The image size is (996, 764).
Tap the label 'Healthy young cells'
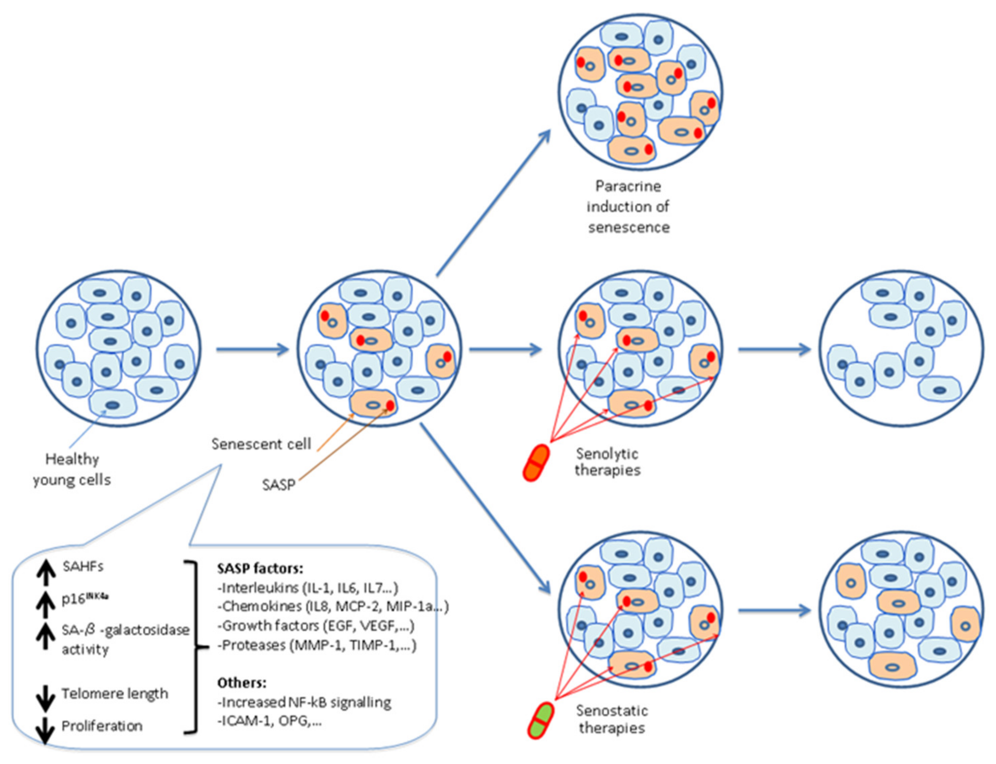coord(72,469)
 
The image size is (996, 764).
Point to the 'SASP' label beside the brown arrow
coord(278,485)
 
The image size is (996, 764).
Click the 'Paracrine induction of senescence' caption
coord(628,206)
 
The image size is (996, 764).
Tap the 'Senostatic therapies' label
coord(612,719)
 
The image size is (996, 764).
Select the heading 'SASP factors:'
coord(260,569)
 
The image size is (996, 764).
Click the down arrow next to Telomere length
coord(45,699)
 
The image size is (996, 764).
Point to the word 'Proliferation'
coord(102,726)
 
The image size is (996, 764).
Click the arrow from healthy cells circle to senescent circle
coord(252,349)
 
